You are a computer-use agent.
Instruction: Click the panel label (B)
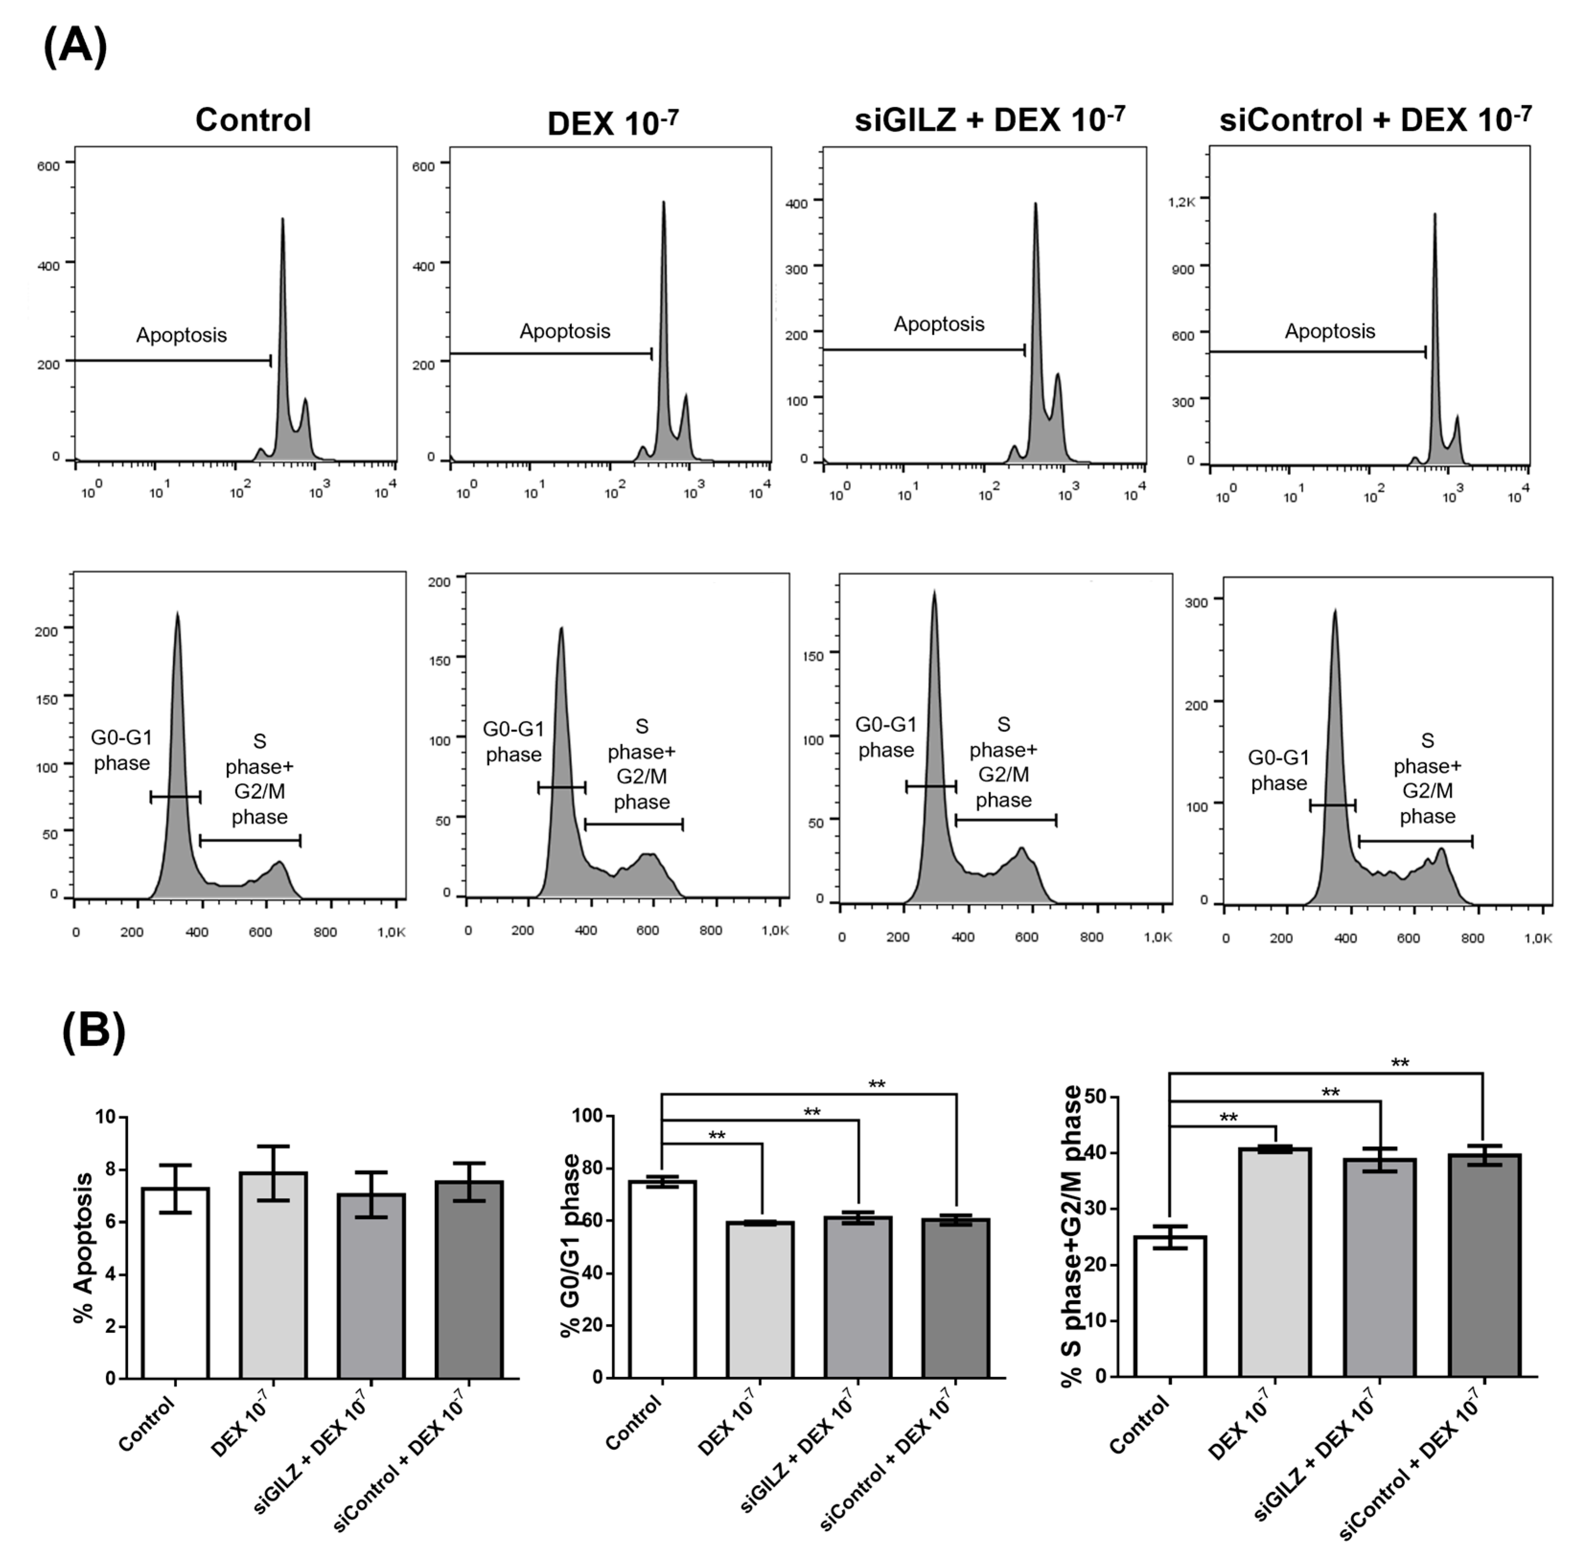pos(94,1032)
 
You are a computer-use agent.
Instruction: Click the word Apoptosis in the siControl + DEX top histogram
pos(1330,331)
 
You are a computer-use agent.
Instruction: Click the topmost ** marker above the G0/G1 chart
pos(877,1085)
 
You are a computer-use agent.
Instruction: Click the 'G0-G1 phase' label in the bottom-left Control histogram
pos(121,750)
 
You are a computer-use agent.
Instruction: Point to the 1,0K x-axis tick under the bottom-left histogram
pos(391,932)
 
